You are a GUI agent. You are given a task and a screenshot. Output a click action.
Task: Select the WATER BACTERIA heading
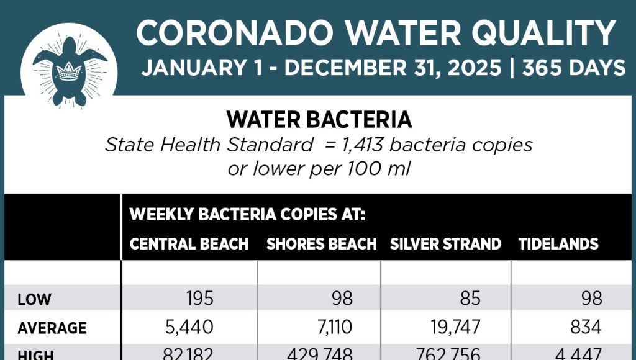(319, 119)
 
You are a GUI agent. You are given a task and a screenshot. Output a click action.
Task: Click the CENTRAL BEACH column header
(189, 244)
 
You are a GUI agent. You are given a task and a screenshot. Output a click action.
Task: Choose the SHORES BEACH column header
(321, 244)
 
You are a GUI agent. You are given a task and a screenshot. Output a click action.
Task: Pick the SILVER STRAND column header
(445, 244)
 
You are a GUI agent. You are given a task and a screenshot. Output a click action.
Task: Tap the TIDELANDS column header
(558, 244)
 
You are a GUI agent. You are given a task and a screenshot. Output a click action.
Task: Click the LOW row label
(34, 300)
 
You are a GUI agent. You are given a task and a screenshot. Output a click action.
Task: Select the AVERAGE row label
(52, 328)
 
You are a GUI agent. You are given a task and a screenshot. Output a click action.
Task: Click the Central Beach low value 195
(199, 299)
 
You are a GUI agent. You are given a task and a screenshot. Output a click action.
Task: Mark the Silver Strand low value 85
(470, 299)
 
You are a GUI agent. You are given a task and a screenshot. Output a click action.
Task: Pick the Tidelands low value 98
(592, 299)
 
